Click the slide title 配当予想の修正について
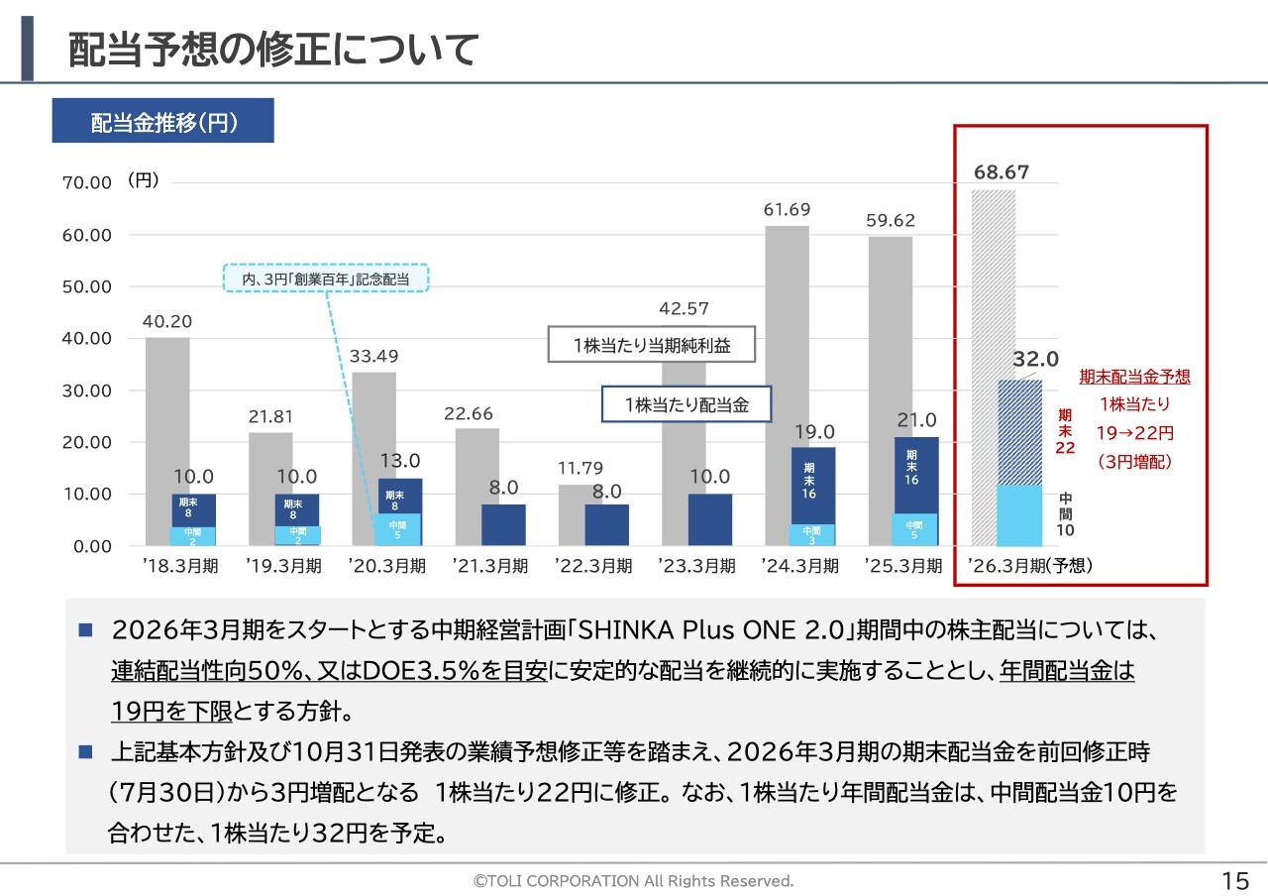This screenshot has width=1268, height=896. [273, 51]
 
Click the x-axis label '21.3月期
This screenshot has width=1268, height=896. [492, 567]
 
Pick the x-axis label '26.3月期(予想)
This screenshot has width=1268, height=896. [1029, 567]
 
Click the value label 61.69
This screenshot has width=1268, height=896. [787, 210]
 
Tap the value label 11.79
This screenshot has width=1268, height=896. [581, 468]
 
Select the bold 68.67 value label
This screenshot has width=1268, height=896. [1002, 172]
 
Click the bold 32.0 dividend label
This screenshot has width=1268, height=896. [1036, 359]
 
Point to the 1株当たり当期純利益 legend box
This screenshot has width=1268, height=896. [651, 345]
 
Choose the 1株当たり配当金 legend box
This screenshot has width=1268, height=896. [686, 404]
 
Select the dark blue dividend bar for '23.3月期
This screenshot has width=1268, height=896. [709, 519]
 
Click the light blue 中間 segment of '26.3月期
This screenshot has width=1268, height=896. [1019, 515]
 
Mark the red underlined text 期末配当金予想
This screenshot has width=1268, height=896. [1134, 378]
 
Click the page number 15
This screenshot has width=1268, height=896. [1235, 881]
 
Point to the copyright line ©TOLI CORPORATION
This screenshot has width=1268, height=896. [633, 881]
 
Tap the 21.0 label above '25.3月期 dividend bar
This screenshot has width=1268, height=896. [916, 421]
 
